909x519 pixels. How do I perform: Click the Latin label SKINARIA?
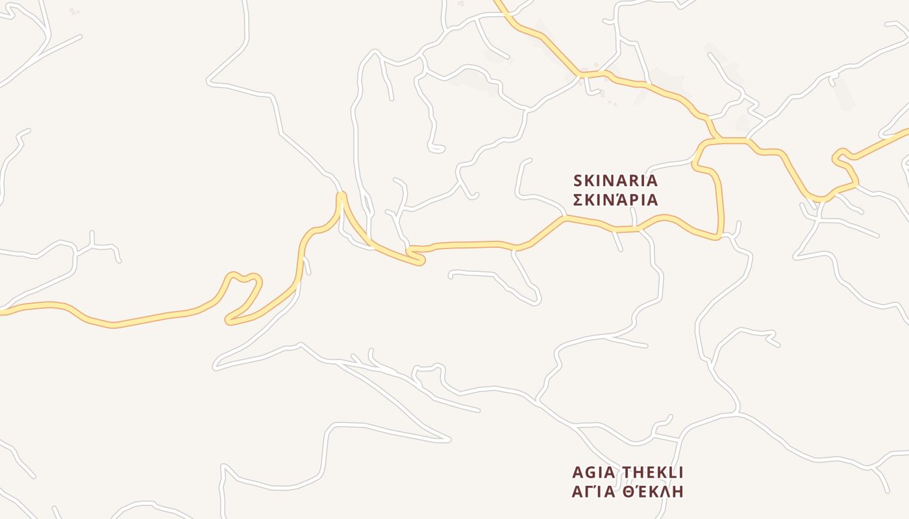point(616,180)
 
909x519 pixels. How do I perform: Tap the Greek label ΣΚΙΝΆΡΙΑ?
point(616,200)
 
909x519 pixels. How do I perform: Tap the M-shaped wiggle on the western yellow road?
point(243,278)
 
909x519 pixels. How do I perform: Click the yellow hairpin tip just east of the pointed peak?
point(421,261)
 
